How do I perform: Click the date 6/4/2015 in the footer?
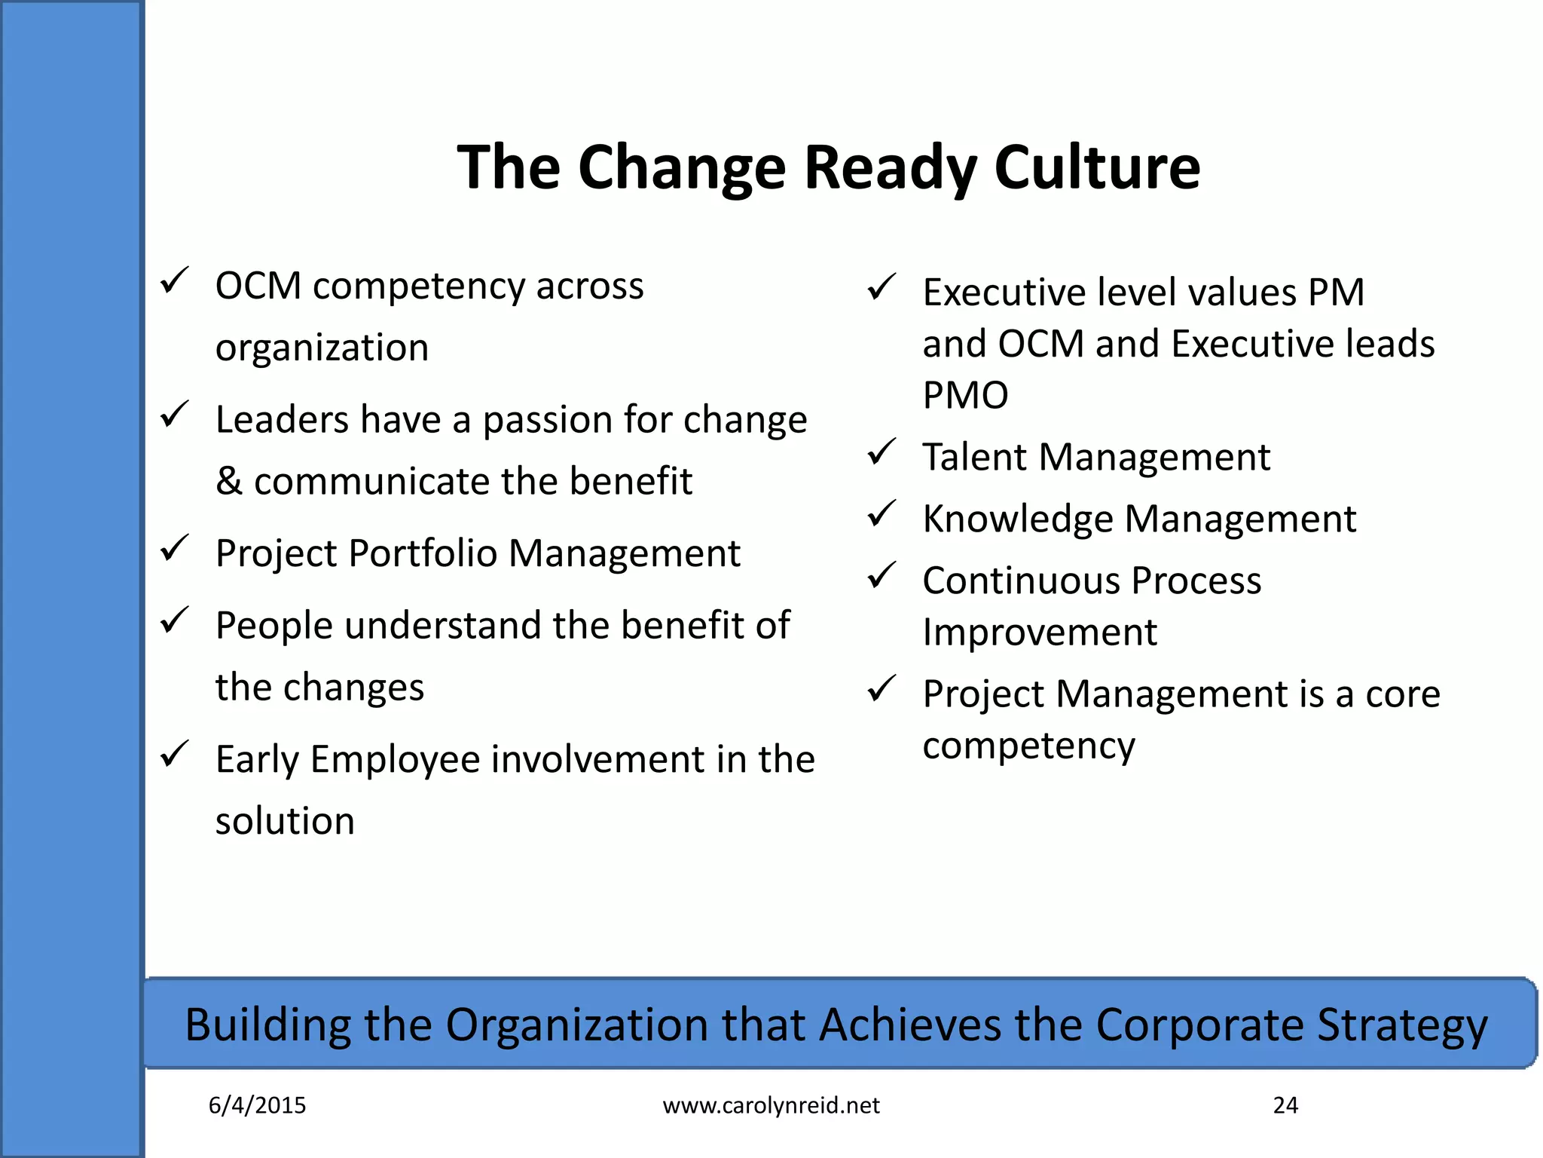pyautogui.click(x=257, y=1105)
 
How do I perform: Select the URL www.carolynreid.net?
pyautogui.click(x=771, y=1105)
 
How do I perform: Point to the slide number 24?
pyautogui.click(x=1285, y=1105)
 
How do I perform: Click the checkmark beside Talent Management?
pyautogui.click(x=881, y=452)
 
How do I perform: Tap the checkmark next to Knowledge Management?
pyautogui.click(x=881, y=514)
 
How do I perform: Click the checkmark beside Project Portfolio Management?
pyautogui.click(x=174, y=548)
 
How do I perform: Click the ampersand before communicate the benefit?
pyautogui.click(x=228, y=482)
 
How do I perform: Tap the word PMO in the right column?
pyautogui.click(x=965, y=395)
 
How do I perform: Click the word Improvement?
pyautogui.click(x=1039, y=632)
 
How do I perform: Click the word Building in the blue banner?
pyautogui.click(x=267, y=1025)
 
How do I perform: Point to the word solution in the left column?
pyautogui.click(x=285, y=821)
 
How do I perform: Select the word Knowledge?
pyautogui.click(x=1018, y=519)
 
